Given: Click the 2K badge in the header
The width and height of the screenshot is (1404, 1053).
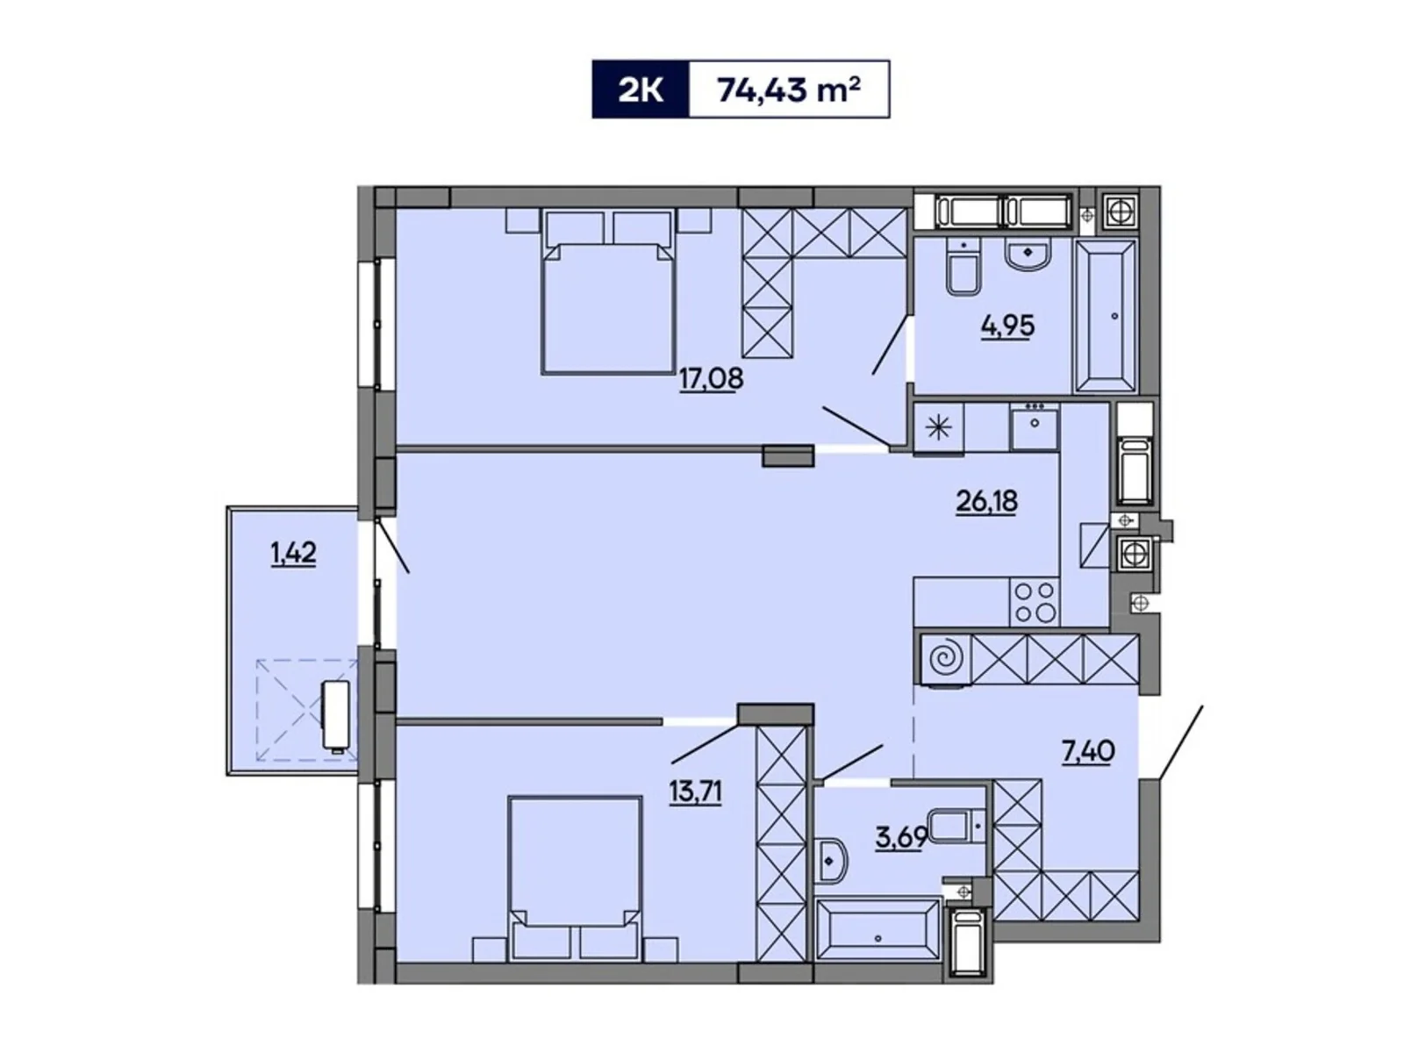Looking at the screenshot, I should [641, 90].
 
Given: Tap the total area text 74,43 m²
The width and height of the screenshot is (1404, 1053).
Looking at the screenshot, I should [788, 90].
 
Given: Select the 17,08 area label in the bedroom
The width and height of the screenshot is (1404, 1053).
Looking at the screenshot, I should [711, 379].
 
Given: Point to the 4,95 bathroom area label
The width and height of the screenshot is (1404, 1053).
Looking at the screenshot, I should [1007, 326].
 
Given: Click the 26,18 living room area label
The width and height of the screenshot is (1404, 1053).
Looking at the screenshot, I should [986, 501].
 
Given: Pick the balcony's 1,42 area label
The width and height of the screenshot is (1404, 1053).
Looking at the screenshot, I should [293, 554].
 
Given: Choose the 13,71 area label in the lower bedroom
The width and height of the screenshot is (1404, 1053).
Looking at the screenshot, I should [695, 792].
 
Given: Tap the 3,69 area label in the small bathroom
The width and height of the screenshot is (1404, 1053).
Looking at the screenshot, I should [900, 836].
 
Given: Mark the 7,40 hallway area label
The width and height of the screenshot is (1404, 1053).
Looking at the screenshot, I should [1088, 751].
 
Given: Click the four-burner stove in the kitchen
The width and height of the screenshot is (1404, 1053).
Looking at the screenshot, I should [1035, 602].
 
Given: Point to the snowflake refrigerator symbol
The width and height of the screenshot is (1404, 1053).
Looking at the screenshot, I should [938, 428].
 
